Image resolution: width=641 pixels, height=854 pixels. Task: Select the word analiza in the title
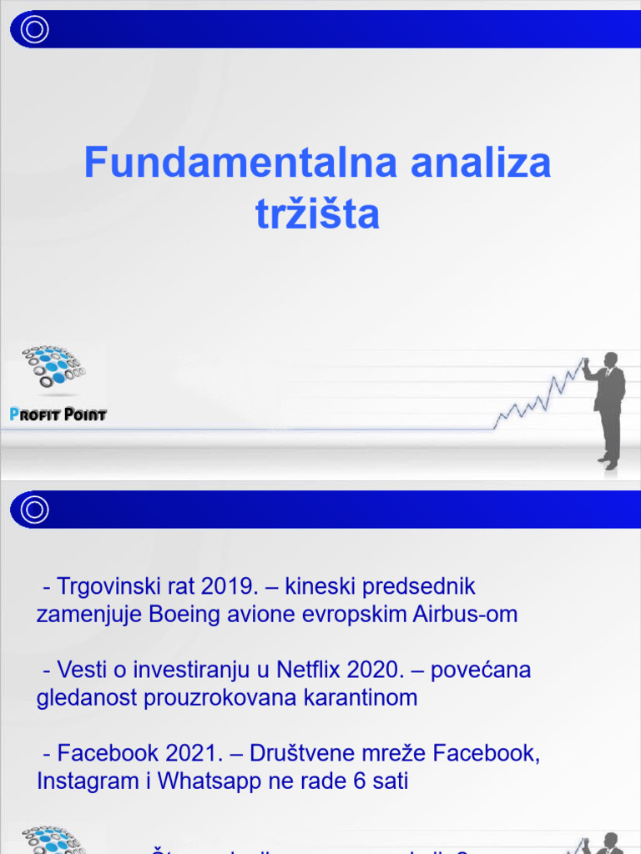[x=481, y=163]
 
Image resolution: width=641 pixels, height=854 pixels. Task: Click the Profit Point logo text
[x=58, y=414]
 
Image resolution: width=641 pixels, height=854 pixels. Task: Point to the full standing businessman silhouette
[x=607, y=409]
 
